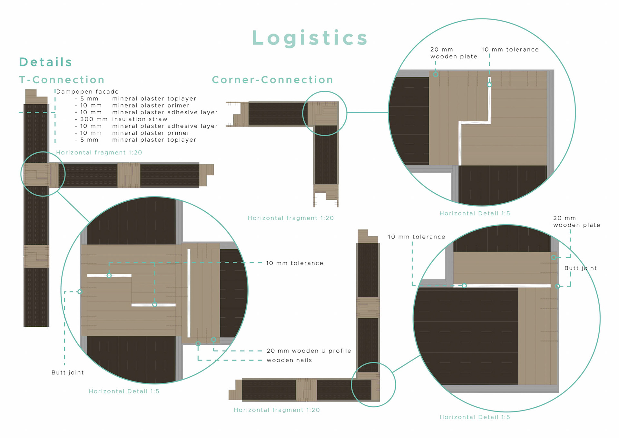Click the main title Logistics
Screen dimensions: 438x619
pos(309,38)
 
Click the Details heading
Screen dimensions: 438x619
pos(45,62)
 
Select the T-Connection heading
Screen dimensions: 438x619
pos(62,80)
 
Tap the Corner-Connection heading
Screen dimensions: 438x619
pos(272,80)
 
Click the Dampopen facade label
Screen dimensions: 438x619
pos(87,92)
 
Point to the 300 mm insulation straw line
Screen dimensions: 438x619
pos(124,119)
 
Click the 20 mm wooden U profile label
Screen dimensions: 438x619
pos(309,351)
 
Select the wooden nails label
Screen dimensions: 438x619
pos(289,360)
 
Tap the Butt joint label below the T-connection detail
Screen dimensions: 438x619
pos(68,372)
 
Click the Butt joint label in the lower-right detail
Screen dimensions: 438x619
pos(581,268)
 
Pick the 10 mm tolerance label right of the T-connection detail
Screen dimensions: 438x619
pos(294,263)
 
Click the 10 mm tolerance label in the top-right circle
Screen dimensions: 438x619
pos(510,50)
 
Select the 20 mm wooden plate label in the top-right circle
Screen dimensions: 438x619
pos(454,53)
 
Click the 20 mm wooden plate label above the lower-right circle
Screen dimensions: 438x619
pos(576,222)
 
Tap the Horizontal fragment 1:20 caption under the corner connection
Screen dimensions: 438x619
pos(290,218)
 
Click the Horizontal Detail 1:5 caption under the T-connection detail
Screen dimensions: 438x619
pos(124,392)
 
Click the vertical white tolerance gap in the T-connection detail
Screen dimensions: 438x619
pos(189,293)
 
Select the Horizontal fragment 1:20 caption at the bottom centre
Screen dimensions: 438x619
pos(277,410)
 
